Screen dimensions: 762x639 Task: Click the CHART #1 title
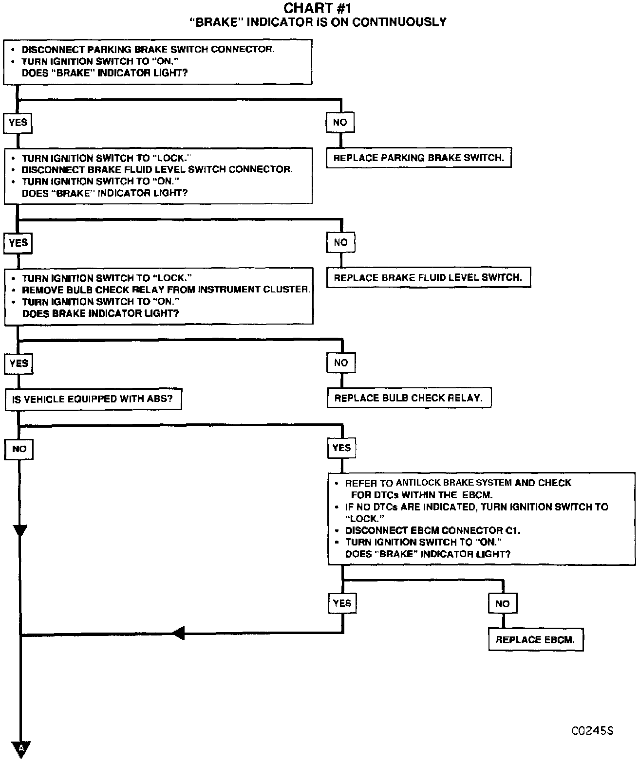click(x=317, y=8)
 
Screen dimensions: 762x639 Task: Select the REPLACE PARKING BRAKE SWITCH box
click(x=418, y=158)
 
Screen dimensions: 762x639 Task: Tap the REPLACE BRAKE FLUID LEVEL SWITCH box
click(x=428, y=277)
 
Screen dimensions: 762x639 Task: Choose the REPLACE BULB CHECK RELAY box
click(x=409, y=398)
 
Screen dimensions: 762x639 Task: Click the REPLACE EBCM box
click(x=535, y=639)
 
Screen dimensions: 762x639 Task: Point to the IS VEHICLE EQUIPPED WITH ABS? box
click(x=93, y=399)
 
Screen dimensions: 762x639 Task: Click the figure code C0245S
click(x=592, y=731)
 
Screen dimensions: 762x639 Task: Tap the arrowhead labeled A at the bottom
click(x=21, y=748)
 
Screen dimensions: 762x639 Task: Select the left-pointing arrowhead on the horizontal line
click(x=178, y=634)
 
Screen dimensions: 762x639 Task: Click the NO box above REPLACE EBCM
click(x=502, y=604)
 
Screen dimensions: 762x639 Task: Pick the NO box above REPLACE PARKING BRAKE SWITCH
click(x=340, y=122)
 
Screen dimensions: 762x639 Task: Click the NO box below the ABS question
click(x=19, y=449)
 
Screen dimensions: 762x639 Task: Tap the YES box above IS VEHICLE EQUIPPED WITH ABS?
click(x=19, y=363)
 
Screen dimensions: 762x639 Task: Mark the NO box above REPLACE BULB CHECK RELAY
click(x=341, y=363)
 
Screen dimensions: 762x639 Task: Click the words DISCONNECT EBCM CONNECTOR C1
click(x=432, y=530)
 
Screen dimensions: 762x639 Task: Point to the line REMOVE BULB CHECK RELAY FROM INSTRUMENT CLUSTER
click(x=166, y=290)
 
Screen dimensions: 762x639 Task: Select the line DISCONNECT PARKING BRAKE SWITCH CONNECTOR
click(x=148, y=50)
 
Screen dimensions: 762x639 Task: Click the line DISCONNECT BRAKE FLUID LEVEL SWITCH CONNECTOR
click(x=157, y=169)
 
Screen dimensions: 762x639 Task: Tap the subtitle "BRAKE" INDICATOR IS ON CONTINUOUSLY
click(x=318, y=22)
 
